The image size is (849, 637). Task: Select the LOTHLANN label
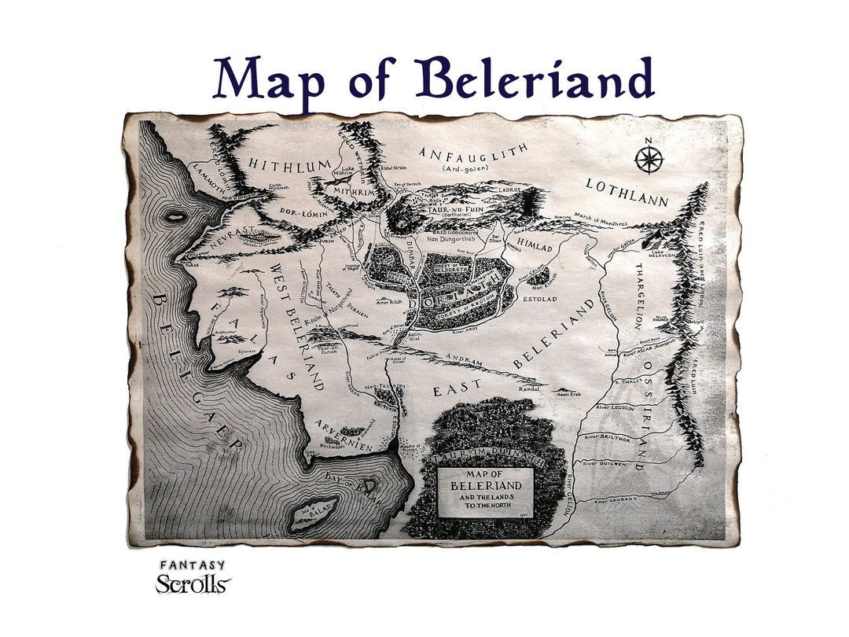627,191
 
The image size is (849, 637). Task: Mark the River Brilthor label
618,436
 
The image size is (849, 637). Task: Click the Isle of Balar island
314,513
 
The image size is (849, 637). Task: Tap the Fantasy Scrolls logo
193,578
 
